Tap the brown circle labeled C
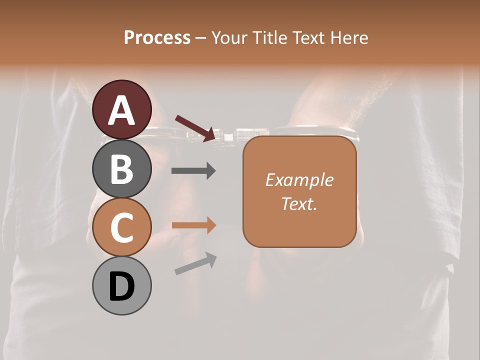(x=121, y=227)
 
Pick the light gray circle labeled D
(x=121, y=285)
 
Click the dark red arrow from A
(x=195, y=128)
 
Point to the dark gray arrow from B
(x=193, y=171)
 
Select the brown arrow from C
(x=194, y=225)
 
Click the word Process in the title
(x=157, y=38)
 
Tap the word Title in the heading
(x=265, y=38)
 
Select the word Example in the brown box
(x=299, y=180)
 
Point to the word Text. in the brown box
(x=299, y=203)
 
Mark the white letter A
(x=121, y=111)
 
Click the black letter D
(x=121, y=286)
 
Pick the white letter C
(x=121, y=227)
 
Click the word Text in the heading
(x=306, y=38)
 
